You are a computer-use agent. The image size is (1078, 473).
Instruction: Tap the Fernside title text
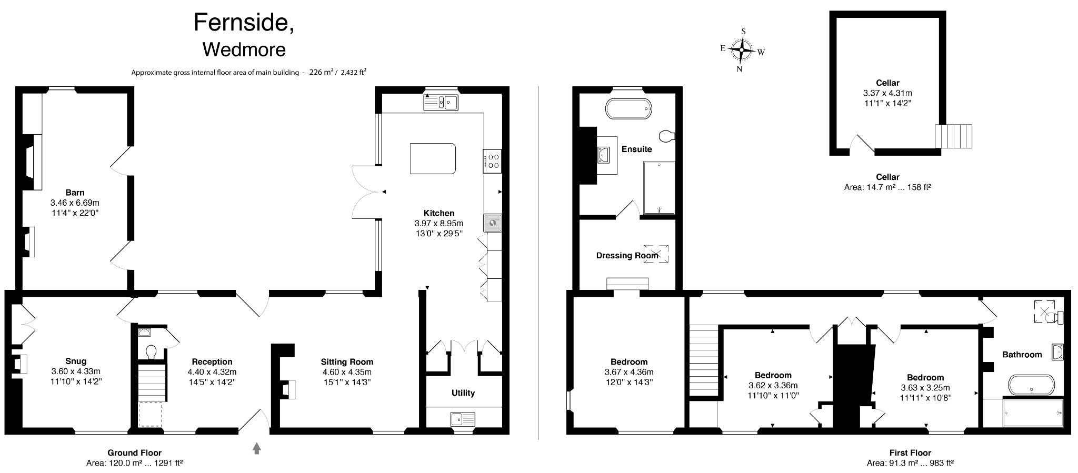click(244, 23)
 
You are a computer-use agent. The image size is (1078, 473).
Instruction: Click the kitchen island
click(433, 158)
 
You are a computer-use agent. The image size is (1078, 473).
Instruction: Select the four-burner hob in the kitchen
click(493, 160)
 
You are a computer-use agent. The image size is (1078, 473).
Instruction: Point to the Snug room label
click(76, 361)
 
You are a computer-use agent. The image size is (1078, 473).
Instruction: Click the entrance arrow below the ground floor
click(257, 448)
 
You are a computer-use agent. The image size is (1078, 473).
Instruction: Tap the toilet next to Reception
click(151, 351)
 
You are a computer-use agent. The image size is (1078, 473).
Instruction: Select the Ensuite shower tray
click(658, 188)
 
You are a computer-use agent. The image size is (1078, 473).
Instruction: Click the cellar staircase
click(953, 136)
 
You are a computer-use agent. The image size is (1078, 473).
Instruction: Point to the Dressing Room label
click(627, 256)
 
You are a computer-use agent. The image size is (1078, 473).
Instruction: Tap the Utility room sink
click(463, 419)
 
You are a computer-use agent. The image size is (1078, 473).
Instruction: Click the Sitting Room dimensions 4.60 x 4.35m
click(347, 372)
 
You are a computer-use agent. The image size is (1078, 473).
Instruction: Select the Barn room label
click(75, 193)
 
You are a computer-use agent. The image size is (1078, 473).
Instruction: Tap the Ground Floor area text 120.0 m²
click(134, 463)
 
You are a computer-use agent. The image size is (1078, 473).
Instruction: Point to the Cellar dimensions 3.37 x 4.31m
click(887, 93)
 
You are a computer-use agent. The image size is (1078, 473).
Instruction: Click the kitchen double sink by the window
click(441, 102)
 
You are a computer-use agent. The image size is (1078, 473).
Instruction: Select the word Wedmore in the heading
click(244, 49)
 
